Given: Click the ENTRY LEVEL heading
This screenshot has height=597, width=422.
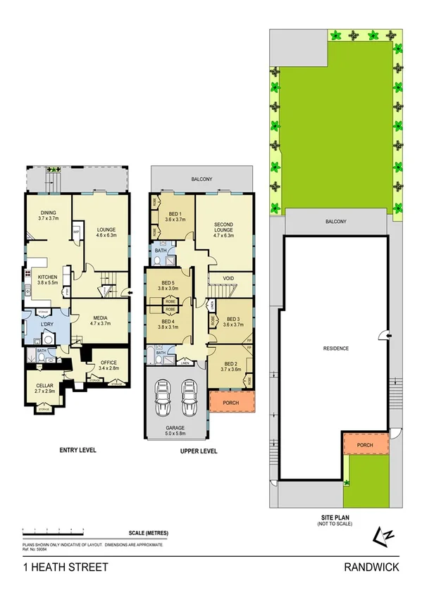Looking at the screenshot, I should [77, 450].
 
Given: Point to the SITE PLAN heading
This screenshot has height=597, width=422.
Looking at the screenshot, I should [330, 517].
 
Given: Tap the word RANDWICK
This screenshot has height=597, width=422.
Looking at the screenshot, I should [372, 567].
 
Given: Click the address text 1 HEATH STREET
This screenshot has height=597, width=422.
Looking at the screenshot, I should [66, 567].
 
